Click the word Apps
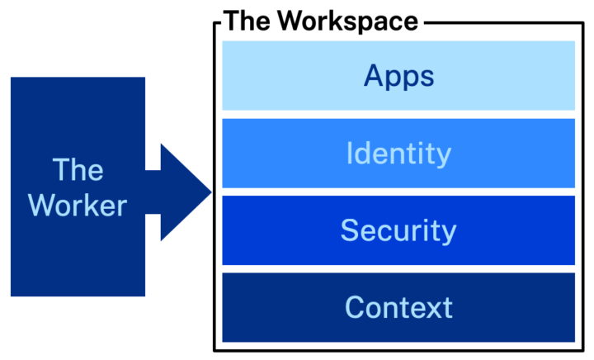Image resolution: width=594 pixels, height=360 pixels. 398,77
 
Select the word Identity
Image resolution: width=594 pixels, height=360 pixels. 398,154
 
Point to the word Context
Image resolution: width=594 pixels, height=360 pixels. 398,307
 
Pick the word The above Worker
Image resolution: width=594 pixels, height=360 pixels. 78,170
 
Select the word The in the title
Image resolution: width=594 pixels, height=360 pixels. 247,21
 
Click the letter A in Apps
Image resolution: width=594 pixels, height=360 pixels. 375,76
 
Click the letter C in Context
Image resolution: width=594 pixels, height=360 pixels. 355,307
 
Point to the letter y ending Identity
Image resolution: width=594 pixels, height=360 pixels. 443,157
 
